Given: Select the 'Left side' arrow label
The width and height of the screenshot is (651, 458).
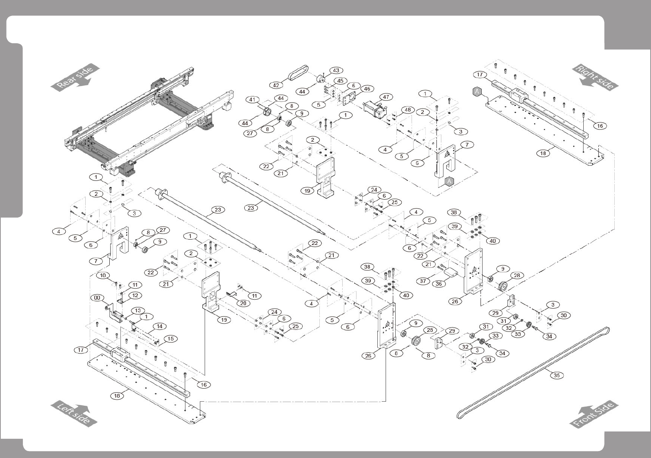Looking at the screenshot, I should (74, 414).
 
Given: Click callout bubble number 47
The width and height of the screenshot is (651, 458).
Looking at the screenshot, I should (386, 97).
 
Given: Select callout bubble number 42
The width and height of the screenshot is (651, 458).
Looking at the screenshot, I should (276, 85).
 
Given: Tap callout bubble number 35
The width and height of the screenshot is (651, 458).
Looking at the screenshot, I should (557, 375).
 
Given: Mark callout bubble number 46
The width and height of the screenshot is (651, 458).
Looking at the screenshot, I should (367, 89).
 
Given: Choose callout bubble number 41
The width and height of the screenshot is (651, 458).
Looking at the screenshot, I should (252, 100).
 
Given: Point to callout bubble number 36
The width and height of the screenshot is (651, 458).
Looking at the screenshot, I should (439, 284).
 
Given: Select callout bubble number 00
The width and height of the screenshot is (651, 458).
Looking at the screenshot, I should (97, 298).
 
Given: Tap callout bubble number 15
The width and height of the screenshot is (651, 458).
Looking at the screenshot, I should (170, 339).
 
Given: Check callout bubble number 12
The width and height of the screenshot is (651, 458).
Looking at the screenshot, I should (135, 295).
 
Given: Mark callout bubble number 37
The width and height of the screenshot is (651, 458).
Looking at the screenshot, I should (423, 281).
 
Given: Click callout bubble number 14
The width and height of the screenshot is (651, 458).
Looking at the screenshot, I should (159, 327).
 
